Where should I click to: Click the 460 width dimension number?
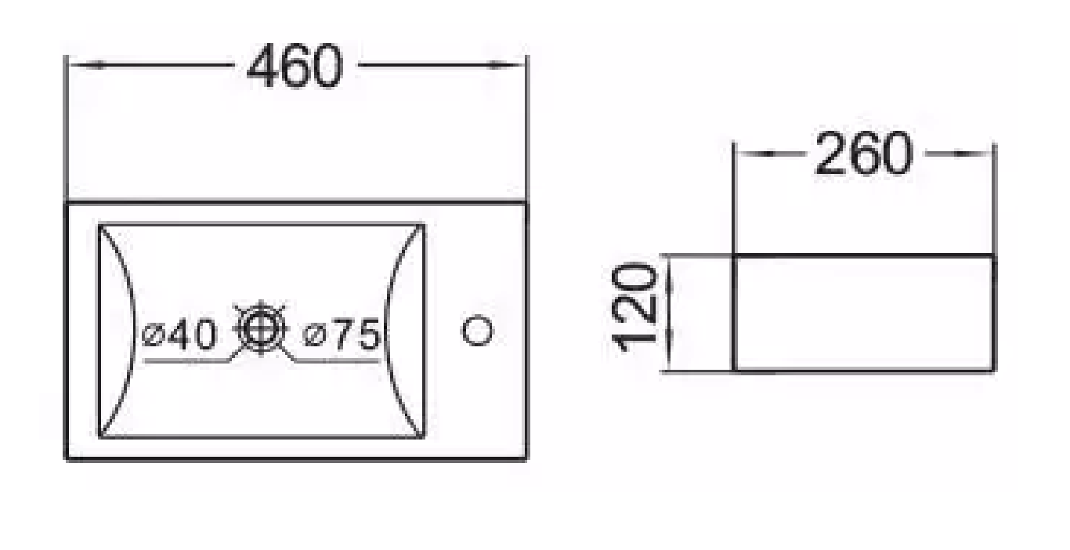coord(295,67)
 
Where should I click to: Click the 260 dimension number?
coord(863,154)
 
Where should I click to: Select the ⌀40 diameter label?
coord(179,335)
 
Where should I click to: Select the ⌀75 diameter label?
coord(342,335)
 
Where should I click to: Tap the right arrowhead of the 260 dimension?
coord(983,153)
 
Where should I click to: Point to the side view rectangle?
coord(864,313)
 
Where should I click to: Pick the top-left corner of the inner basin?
coord(99,226)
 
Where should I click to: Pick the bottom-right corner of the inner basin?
coord(424,436)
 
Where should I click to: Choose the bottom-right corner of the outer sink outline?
coord(526,458)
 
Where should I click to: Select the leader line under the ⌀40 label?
coord(188,361)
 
